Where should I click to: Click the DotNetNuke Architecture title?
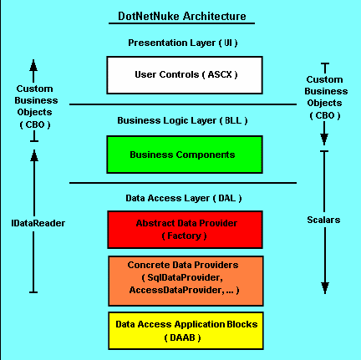[x=182, y=16]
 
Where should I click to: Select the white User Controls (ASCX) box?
[x=185, y=75]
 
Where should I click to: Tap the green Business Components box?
[x=185, y=155]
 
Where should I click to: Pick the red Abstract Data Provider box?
[x=185, y=230]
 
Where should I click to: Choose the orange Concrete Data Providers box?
[x=186, y=281]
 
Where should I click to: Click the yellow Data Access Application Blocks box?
[x=186, y=331]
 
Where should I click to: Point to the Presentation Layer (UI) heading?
[x=183, y=43]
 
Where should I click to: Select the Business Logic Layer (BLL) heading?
[x=182, y=120]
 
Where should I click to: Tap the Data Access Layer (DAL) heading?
[x=184, y=198]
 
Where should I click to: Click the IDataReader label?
[x=38, y=223]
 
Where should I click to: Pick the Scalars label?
[x=323, y=220]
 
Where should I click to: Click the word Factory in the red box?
[x=184, y=236]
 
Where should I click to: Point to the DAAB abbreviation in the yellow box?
[x=182, y=337]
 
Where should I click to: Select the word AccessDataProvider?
[x=175, y=290]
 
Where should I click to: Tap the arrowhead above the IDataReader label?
[x=34, y=155]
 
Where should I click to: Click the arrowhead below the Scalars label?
[x=325, y=288]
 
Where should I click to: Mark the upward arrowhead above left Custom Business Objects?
[x=33, y=65]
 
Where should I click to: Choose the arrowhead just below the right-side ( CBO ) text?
[x=324, y=139]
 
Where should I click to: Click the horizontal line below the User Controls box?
[x=183, y=104]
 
